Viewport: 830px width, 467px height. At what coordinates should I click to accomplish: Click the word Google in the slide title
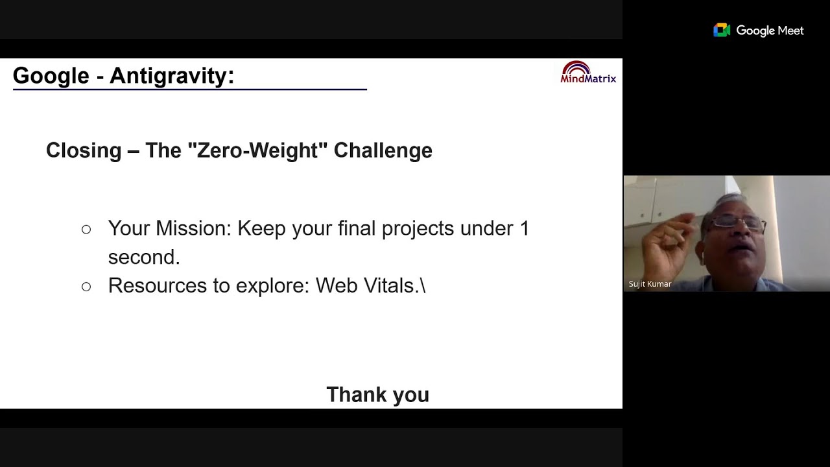[x=51, y=76]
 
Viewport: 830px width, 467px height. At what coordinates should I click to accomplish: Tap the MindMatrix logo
[x=588, y=73]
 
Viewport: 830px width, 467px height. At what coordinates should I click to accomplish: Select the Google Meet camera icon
[x=722, y=30]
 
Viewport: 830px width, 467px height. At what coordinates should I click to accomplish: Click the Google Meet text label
[x=770, y=30]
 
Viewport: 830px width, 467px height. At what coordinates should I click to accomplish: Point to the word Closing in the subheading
[x=84, y=150]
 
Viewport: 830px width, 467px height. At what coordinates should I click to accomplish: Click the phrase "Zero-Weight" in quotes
[x=257, y=150]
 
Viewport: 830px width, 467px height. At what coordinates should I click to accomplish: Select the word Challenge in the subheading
[x=383, y=150]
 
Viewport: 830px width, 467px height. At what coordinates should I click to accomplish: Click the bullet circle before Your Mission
[x=86, y=229]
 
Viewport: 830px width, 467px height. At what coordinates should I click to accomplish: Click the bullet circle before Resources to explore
[x=86, y=286]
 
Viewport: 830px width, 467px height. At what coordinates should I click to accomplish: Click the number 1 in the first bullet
[x=525, y=228]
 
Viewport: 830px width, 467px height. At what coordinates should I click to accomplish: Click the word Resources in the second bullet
[x=156, y=285]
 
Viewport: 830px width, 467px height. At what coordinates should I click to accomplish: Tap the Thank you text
[x=377, y=394]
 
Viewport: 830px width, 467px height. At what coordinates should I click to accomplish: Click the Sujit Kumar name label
[x=650, y=284]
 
